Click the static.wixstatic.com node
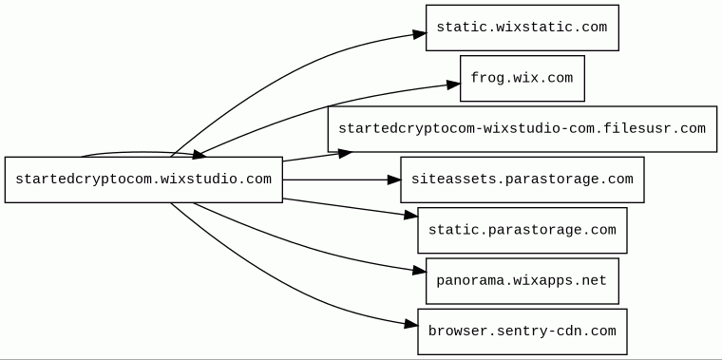(x=522, y=28)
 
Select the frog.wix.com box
(x=522, y=78)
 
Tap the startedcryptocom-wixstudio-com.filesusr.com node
(x=522, y=129)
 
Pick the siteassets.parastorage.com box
(x=522, y=180)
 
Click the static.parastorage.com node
(x=522, y=230)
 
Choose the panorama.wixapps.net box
(x=522, y=281)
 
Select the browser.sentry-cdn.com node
(x=522, y=332)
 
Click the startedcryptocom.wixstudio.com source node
(x=143, y=180)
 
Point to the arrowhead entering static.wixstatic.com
(x=420, y=34)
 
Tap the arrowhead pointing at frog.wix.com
(x=453, y=84)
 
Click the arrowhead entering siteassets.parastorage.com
(x=394, y=180)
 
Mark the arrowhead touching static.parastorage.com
(x=411, y=215)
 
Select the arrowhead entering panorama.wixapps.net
(x=420, y=271)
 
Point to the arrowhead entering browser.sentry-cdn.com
(x=411, y=325)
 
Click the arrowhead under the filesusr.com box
(x=346, y=154)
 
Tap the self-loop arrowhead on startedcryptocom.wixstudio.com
(x=199, y=155)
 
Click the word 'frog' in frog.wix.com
(x=483, y=78)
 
